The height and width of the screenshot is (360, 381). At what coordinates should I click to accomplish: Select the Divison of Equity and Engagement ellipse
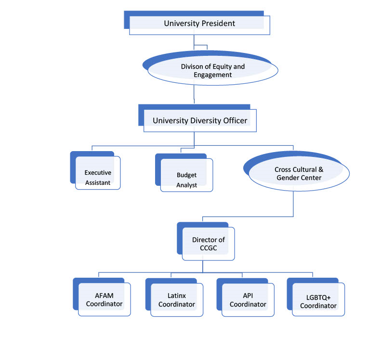tap(212, 71)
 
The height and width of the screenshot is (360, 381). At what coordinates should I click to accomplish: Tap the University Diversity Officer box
tap(200, 120)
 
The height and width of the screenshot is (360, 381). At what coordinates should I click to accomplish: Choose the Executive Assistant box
tap(97, 177)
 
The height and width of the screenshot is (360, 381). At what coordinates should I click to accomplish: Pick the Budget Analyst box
tap(186, 180)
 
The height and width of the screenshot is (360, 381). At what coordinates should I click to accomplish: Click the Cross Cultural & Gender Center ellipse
tap(298, 174)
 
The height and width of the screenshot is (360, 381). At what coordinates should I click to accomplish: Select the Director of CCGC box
tap(208, 244)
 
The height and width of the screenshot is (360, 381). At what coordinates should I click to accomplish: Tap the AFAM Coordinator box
tap(104, 299)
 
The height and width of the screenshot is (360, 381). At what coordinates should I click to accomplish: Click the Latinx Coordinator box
tap(176, 299)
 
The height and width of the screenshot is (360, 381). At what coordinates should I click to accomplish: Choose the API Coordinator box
tap(248, 299)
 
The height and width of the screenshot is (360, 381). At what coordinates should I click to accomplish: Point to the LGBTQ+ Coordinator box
tap(318, 300)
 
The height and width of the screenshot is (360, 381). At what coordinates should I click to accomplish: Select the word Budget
tap(186, 175)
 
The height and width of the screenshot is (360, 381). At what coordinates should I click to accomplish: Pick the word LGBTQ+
tap(318, 296)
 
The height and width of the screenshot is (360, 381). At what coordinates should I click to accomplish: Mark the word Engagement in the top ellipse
tap(212, 75)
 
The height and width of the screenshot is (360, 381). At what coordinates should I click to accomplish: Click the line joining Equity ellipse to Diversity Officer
tap(194, 94)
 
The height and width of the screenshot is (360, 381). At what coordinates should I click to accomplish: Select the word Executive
tap(98, 172)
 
